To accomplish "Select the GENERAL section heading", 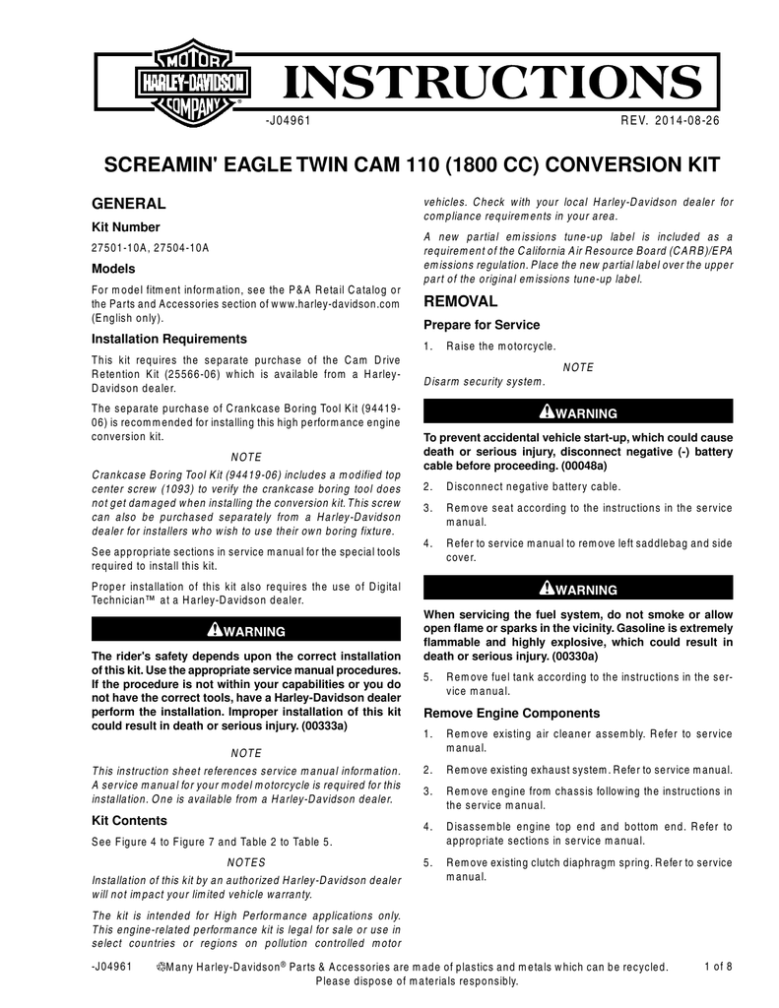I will click(128, 204).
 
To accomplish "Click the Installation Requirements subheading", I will click(168, 339).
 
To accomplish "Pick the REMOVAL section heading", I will click(460, 301).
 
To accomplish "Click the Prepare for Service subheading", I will click(482, 325).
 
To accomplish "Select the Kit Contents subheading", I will click(129, 820).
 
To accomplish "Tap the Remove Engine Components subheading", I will click(511, 713).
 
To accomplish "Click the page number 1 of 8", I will click(719, 967).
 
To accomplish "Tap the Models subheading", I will click(113, 269).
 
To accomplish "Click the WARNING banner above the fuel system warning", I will click(577, 589).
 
